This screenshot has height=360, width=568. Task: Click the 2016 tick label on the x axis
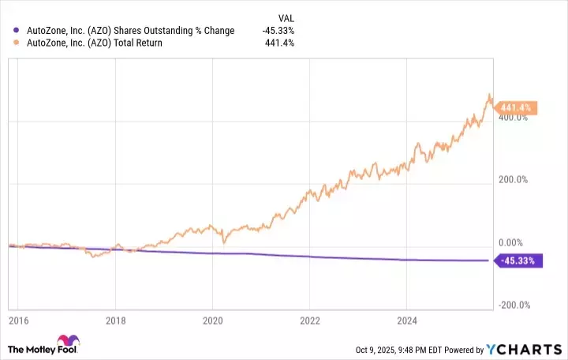coord(19,321)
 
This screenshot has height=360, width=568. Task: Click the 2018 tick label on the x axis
coord(115,321)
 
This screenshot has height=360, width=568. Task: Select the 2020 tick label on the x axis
coord(212,321)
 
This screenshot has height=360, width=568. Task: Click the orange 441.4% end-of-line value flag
coord(517,107)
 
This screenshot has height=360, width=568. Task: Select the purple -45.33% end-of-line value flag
coord(517,260)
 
